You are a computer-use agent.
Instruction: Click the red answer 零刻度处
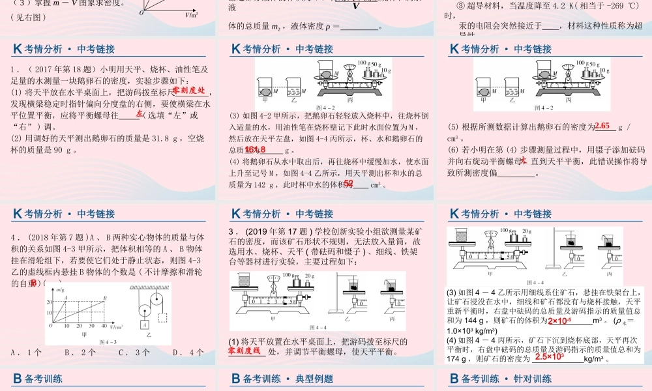[x=188, y=92]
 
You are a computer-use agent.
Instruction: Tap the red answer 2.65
[x=602, y=126]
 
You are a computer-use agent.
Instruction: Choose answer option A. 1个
[x=27, y=352]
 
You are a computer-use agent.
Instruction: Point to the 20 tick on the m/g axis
[x=49, y=304]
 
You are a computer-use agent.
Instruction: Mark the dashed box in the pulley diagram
[x=162, y=319]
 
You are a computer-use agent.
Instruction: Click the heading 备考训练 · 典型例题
[x=282, y=379]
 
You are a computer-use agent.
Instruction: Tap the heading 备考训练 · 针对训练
[x=501, y=379]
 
